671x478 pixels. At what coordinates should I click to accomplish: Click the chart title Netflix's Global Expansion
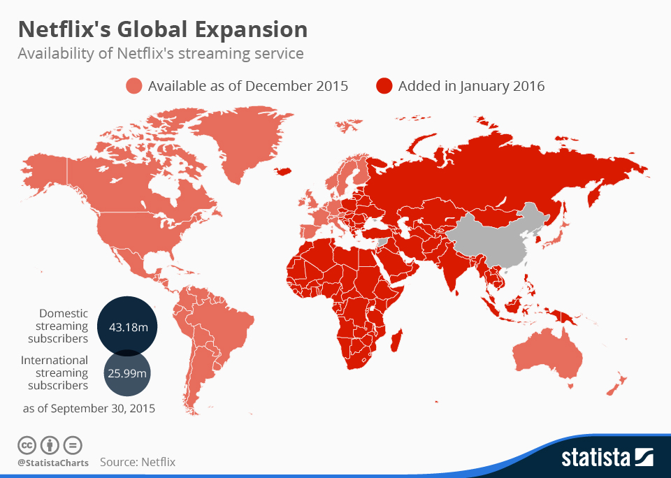click(x=162, y=29)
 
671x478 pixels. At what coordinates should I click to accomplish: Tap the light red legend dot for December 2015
click(x=134, y=86)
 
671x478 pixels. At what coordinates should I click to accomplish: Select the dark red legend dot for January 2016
click(x=384, y=86)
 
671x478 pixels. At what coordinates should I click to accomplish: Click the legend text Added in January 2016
click(x=471, y=86)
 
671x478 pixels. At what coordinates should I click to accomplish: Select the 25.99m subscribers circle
click(x=127, y=373)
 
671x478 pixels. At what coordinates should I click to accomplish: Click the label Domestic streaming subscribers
click(x=59, y=326)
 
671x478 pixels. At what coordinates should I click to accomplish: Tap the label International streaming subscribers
click(x=55, y=372)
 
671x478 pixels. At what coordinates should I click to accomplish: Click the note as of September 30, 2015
click(x=87, y=408)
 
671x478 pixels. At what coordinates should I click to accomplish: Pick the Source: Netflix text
click(x=138, y=462)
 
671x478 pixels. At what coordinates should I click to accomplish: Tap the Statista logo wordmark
click(x=595, y=458)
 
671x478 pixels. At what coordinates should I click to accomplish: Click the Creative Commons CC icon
click(x=27, y=444)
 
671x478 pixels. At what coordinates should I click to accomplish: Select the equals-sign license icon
click(x=73, y=444)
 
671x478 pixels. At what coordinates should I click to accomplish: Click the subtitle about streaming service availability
click(x=160, y=53)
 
